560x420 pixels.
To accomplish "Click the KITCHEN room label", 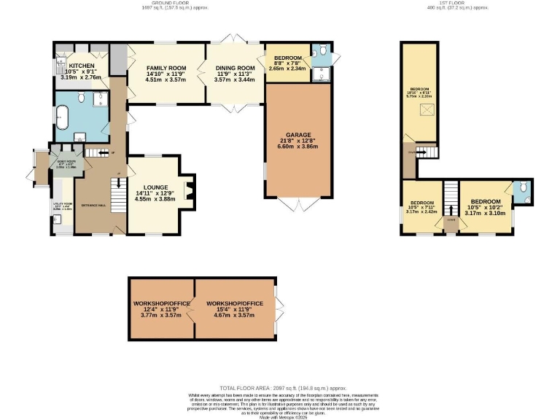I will (82, 65).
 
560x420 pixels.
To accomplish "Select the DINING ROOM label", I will (234, 68).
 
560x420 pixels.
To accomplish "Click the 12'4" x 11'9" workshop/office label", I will (162, 303).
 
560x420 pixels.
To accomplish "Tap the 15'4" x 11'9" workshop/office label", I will (234, 303).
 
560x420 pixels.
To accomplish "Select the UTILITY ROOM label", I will (62, 205).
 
